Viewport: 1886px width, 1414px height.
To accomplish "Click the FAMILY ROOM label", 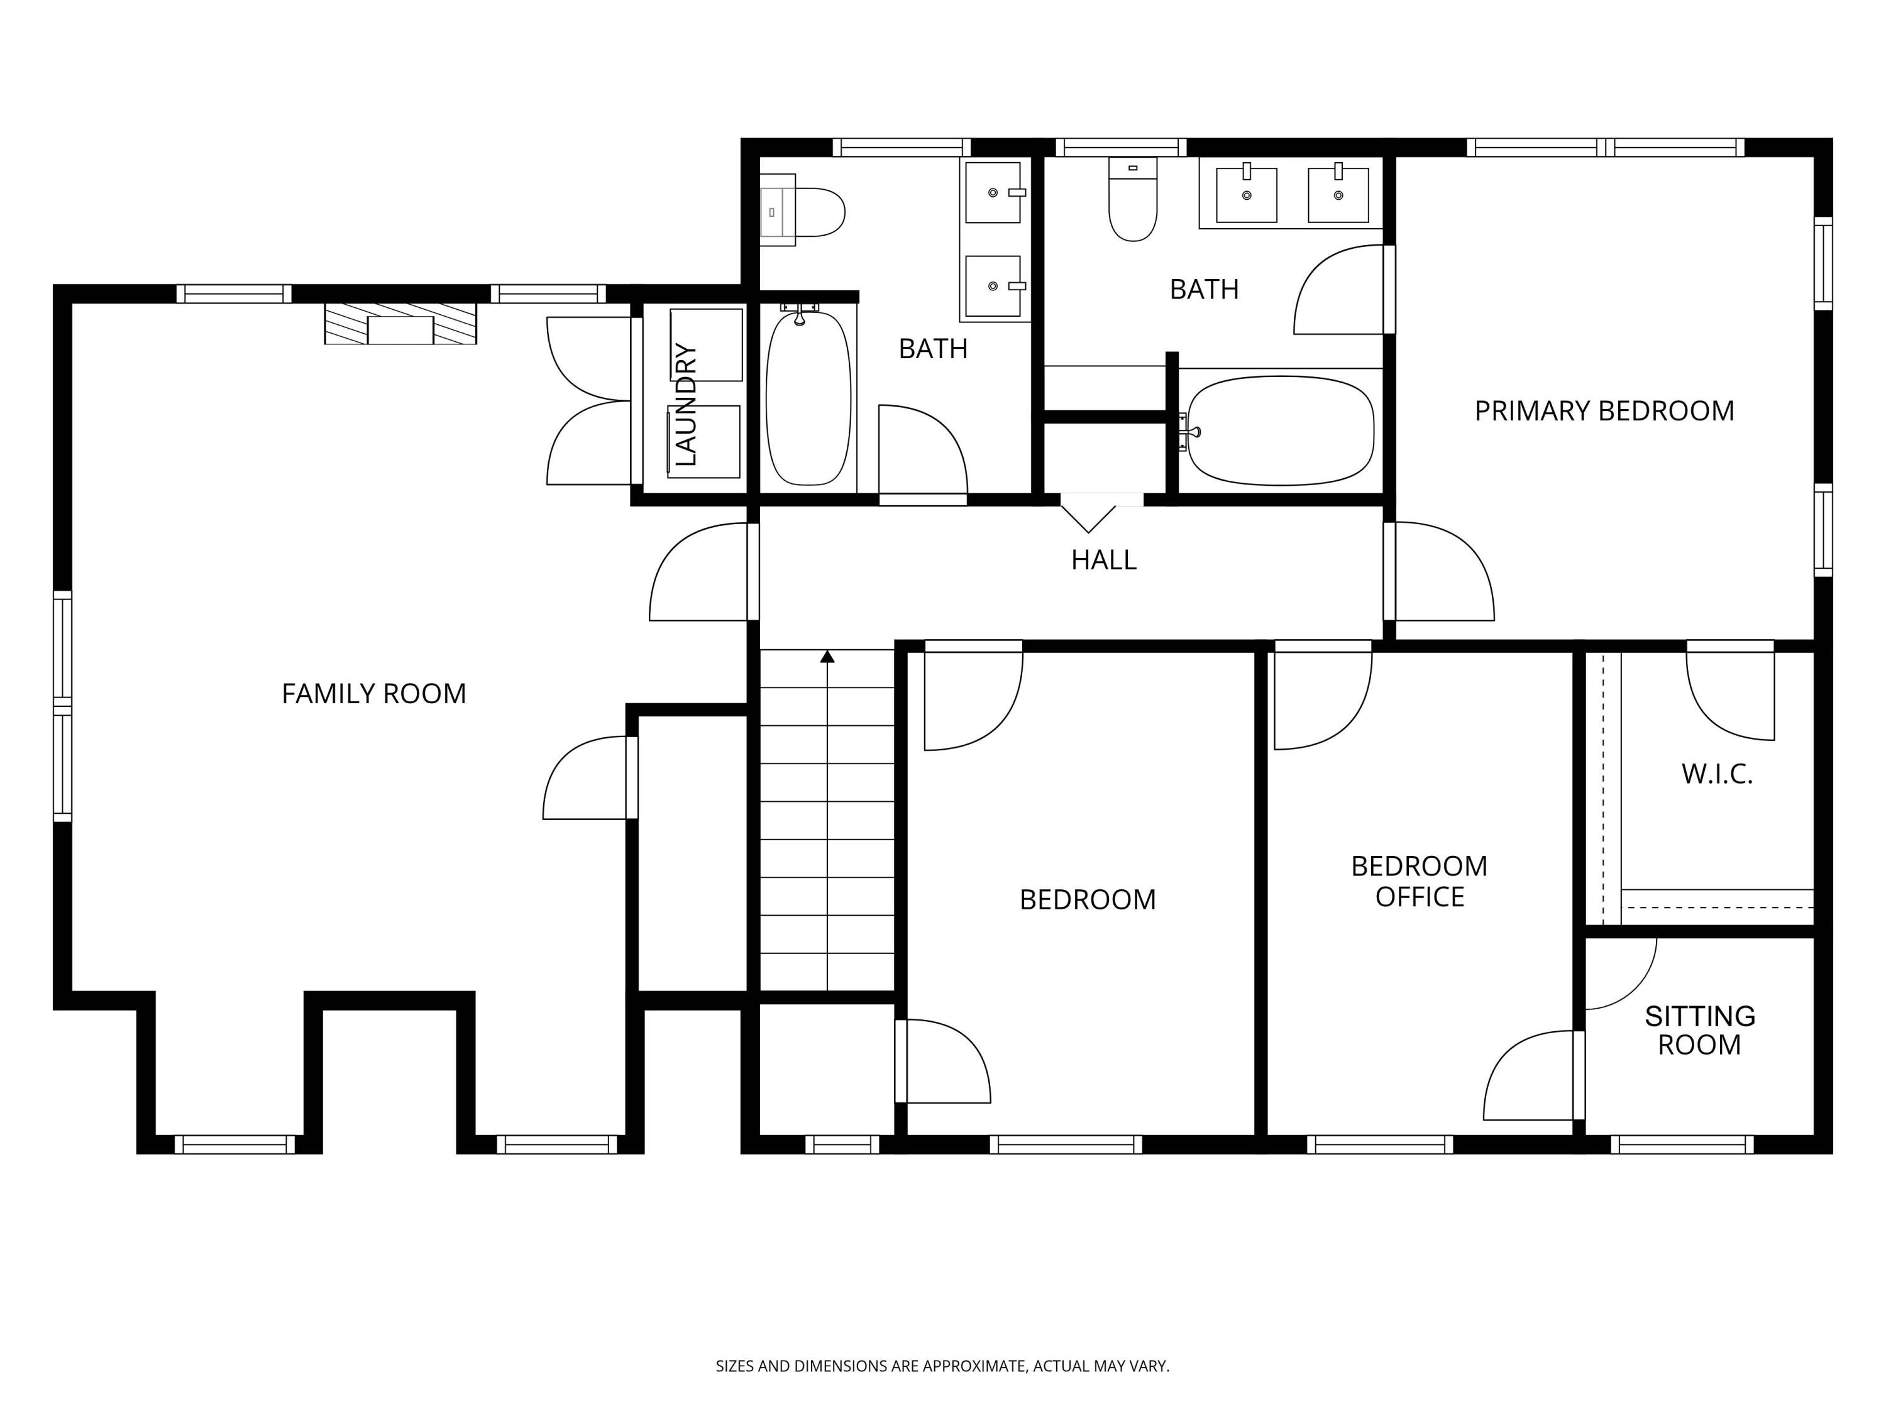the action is (x=373, y=694).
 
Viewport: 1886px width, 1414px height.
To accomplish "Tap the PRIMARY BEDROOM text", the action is (x=1604, y=411).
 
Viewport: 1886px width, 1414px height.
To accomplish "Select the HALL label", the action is (x=1103, y=560).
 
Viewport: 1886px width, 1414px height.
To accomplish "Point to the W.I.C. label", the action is (x=1716, y=774).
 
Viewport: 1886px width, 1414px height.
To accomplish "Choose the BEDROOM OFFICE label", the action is (x=1419, y=881).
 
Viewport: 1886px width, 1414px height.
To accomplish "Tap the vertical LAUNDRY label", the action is (x=685, y=405).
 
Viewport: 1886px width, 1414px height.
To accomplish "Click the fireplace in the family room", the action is (x=400, y=323).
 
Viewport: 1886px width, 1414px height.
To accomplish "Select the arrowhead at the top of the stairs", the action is (x=827, y=656).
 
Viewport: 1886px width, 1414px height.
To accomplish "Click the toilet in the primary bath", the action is (x=1132, y=199).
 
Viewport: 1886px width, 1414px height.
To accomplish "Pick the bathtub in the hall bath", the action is (x=808, y=398).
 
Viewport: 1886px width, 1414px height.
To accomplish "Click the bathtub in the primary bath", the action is (x=1281, y=430).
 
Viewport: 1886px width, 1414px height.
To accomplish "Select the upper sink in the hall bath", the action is (x=993, y=193).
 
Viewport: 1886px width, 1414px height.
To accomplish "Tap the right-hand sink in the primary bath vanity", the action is (x=1338, y=195).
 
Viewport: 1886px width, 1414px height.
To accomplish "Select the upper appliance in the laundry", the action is (x=706, y=344).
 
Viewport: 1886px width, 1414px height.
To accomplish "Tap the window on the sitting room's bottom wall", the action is (x=1682, y=1144).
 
